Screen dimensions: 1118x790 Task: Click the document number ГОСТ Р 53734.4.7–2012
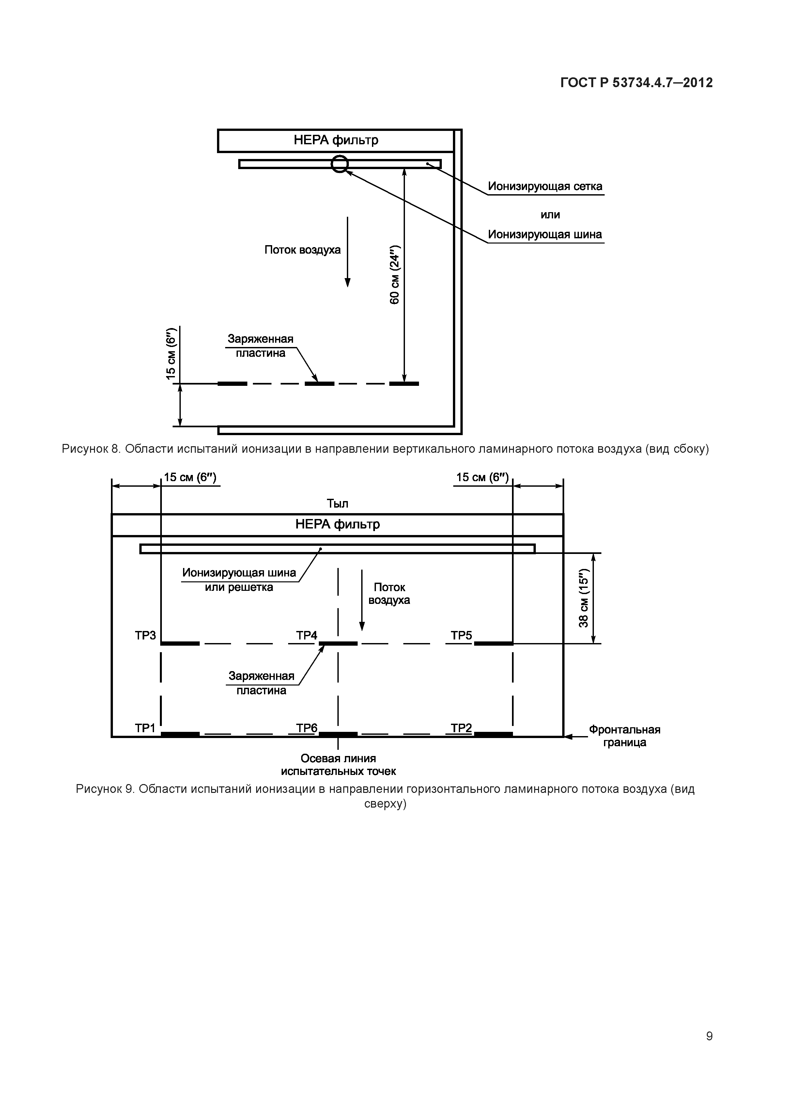[636, 83]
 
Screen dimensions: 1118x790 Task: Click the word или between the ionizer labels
[550, 215]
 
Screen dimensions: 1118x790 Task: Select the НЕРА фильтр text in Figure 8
[336, 140]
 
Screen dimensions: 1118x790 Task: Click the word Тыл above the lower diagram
[337, 503]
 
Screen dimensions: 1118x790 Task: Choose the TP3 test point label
[145, 636]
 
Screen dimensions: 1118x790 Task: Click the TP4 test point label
[307, 636]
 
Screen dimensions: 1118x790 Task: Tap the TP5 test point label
[461, 636]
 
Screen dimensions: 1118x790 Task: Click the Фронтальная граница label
[625, 736]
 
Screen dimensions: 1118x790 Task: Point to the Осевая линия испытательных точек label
[338, 764]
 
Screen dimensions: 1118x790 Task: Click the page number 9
[709, 1050]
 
